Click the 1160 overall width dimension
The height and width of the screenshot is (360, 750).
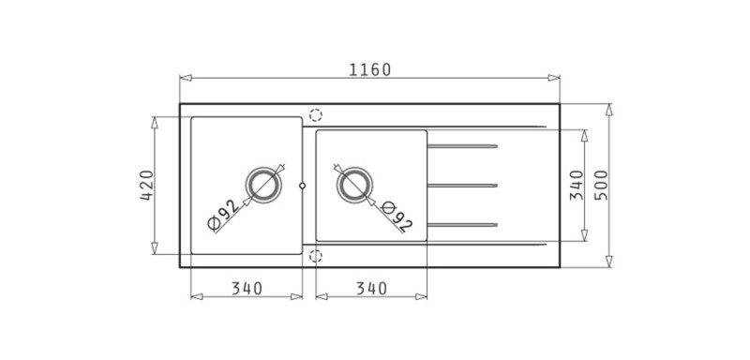(x=369, y=69)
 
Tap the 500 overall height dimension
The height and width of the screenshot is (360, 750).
(x=601, y=185)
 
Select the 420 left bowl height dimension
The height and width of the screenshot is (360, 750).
(x=147, y=185)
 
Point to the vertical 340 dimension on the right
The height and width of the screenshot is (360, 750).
(x=577, y=185)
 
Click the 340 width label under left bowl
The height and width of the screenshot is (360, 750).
(x=247, y=289)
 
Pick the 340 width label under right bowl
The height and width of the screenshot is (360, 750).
(x=371, y=289)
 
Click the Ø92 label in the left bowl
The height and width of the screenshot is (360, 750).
(x=223, y=214)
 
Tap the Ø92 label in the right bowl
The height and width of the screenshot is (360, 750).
(x=397, y=217)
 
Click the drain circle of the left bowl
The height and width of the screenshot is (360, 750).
(x=263, y=185)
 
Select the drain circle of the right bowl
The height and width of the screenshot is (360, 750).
(x=354, y=185)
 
